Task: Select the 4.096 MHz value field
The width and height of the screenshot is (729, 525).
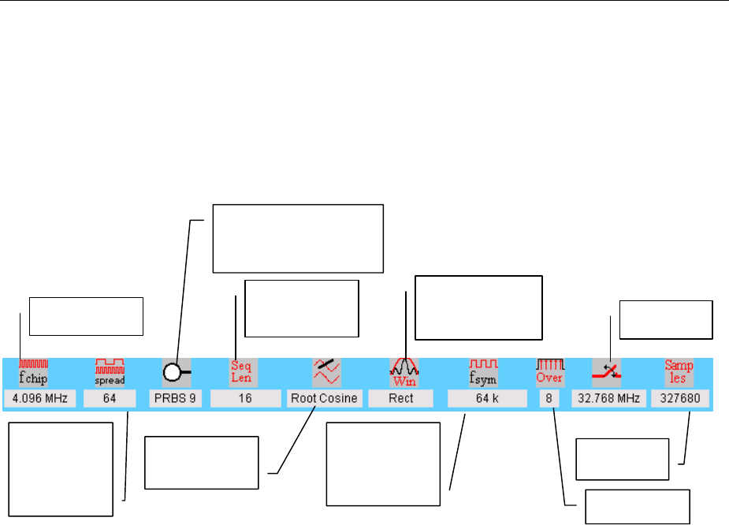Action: (39, 399)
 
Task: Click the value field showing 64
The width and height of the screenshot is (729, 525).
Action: (110, 399)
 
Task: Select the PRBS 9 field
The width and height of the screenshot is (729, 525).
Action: (175, 399)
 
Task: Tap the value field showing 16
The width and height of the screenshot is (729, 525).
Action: (245, 399)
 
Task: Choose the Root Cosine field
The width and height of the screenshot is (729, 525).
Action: (324, 399)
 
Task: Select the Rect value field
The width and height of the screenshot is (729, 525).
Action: (401, 399)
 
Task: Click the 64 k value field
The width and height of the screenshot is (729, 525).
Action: (487, 399)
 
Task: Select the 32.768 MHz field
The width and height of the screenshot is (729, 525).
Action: (607, 399)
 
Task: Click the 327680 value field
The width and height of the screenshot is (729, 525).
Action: (680, 399)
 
